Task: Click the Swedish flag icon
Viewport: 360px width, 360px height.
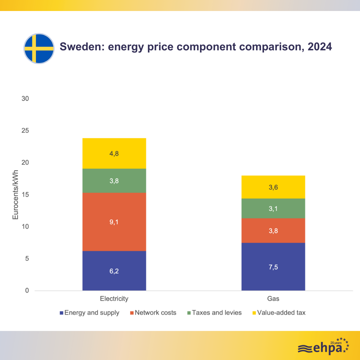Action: coord(39,48)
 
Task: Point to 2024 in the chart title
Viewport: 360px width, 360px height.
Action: coord(320,47)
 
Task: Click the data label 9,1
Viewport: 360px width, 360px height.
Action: coord(114,222)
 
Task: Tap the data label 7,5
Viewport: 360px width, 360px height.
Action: coord(273,267)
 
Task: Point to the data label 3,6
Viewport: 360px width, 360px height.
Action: coord(273,187)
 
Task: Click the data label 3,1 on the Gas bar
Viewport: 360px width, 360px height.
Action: coord(273,208)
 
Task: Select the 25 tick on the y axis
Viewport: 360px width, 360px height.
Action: coord(25,131)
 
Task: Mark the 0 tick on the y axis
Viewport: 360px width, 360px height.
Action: coord(27,291)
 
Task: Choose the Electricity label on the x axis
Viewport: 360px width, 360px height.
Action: coord(114,299)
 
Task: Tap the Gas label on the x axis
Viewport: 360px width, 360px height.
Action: coord(273,299)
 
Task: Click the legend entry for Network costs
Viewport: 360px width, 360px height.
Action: coord(153,313)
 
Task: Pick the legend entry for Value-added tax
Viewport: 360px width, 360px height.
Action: coord(279,313)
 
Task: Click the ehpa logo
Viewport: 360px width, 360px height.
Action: coord(323,347)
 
